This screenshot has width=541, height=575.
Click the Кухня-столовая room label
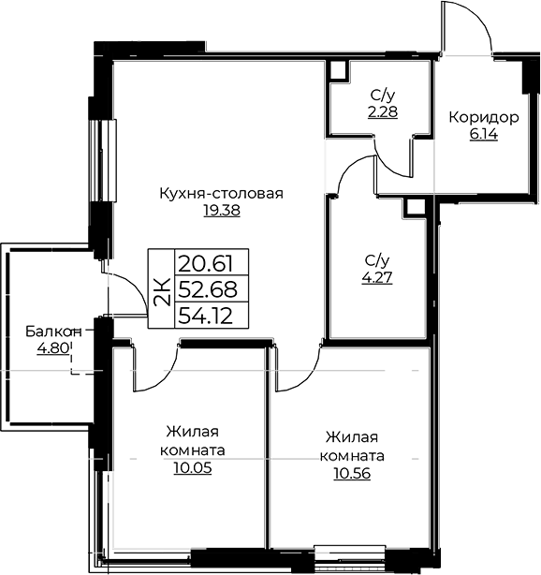pos(222,193)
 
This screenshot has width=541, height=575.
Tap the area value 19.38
pos(222,211)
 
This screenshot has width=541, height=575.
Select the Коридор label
pos(484,118)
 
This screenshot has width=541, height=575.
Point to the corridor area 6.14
pos(484,135)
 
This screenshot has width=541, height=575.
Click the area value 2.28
pos(383,111)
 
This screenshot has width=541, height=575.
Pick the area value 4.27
pos(377,277)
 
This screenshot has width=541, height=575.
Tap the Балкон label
pos(53,332)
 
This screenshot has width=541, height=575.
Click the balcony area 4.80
pos(53,347)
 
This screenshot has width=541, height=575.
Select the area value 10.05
pos(193,468)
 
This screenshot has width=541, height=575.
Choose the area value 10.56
pos(352,474)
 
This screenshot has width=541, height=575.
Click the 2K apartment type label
pos(162,291)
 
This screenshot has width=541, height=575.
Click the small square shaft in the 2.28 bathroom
pos(338,70)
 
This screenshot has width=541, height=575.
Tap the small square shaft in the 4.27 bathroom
pos(414,207)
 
